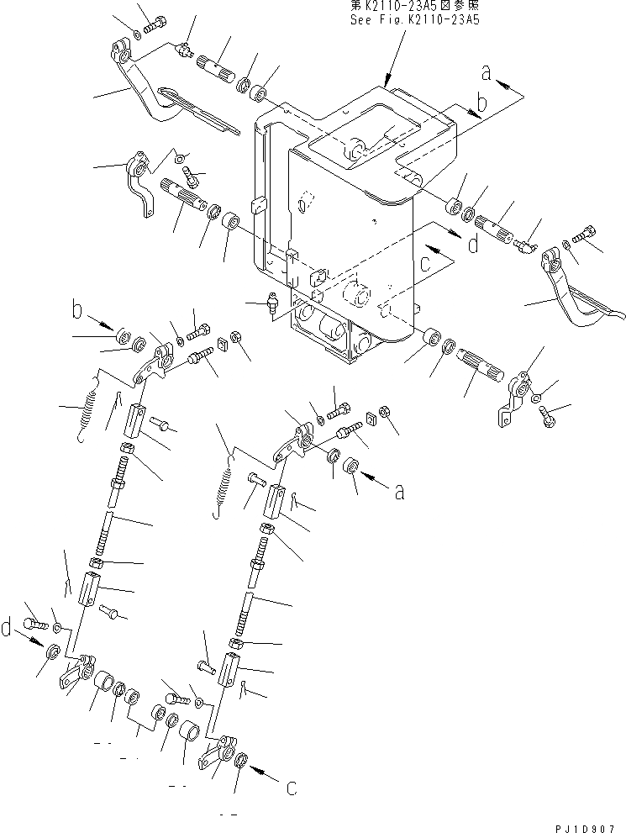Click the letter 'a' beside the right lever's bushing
pos(400,491)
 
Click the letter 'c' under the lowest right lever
pos(290,788)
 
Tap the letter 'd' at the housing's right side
pos(473,245)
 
